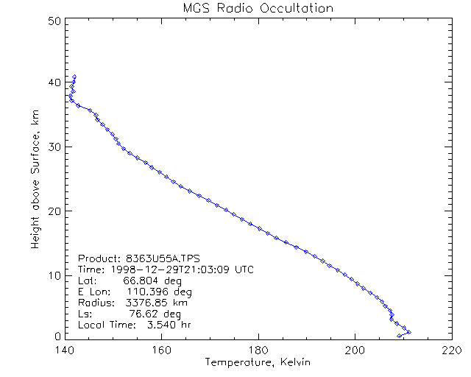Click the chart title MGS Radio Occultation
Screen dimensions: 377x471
pyautogui.click(x=258, y=8)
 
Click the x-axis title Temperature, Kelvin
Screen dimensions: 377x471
pyautogui.click(x=258, y=362)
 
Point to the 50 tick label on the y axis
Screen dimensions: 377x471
pyautogui.click(x=53, y=21)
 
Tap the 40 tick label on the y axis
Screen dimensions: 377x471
pyautogui.click(x=53, y=83)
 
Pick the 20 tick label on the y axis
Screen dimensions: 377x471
pyautogui.click(x=53, y=211)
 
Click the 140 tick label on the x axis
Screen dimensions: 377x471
pyautogui.click(x=65, y=350)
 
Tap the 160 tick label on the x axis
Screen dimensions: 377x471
pyautogui.click(x=161, y=350)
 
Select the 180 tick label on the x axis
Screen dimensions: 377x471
pyautogui.click(x=258, y=350)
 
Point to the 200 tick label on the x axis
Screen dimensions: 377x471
pyautogui.click(x=355, y=350)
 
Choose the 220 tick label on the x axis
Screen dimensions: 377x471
pyautogui.click(x=451, y=350)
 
